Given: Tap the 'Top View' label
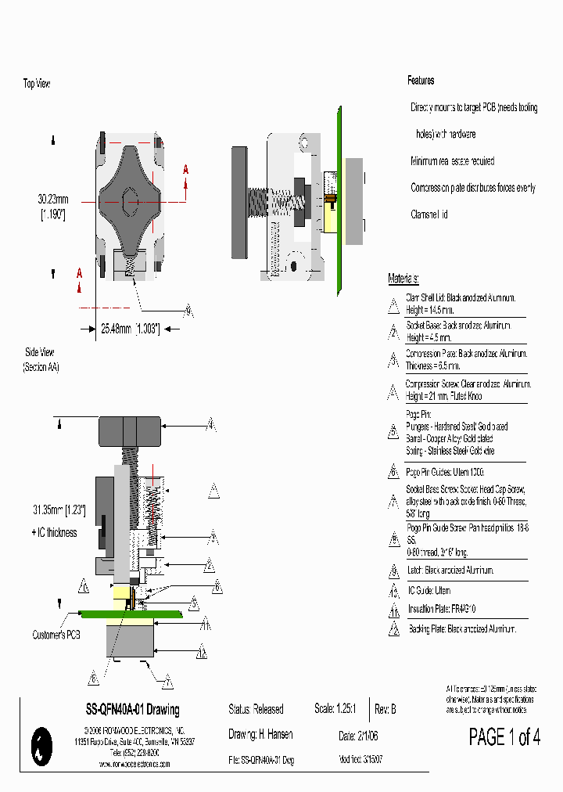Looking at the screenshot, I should tap(37, 83).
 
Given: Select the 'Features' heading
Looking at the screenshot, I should tap(421, 81).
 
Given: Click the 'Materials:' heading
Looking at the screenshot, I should tap(403, 279).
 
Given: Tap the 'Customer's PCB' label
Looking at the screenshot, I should tap(56, 635).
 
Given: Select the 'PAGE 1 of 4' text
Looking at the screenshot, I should tap(504, 736).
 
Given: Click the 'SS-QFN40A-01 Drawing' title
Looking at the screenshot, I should tap(132, 710).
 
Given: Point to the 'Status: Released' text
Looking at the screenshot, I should tap(256, 709).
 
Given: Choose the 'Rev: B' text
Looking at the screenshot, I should tap(385, 709).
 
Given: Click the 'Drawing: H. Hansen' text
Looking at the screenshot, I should tap(256, 735).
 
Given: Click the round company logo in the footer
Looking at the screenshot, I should tap(40, 745).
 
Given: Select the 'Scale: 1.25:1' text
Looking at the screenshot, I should tap(335, 709).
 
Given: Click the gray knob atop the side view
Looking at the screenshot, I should tap(130, 430).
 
